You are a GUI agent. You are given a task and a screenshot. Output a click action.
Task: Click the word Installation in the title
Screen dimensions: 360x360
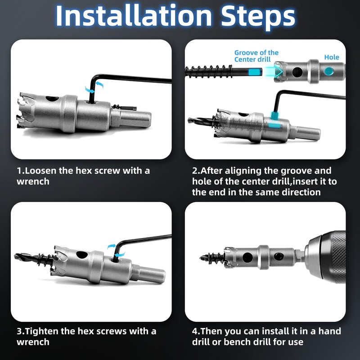coord(134,16)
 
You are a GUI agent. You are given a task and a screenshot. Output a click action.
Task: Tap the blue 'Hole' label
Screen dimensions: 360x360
coord(332,57)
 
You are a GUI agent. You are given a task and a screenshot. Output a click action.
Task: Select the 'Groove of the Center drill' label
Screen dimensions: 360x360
coord(256,56)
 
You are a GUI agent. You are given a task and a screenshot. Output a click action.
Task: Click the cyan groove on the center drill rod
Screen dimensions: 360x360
coord(255,72)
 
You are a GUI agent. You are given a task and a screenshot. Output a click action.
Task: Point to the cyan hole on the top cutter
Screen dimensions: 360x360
coord(328,71)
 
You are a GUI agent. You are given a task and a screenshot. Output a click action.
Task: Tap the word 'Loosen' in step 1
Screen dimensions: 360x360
coord(40,171)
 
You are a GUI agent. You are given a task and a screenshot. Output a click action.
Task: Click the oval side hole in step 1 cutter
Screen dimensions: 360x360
coord(52,99)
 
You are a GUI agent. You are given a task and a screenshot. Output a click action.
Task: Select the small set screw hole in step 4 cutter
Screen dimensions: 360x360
coord(279,256)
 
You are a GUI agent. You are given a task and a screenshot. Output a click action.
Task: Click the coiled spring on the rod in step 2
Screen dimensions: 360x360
coord(209,72)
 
